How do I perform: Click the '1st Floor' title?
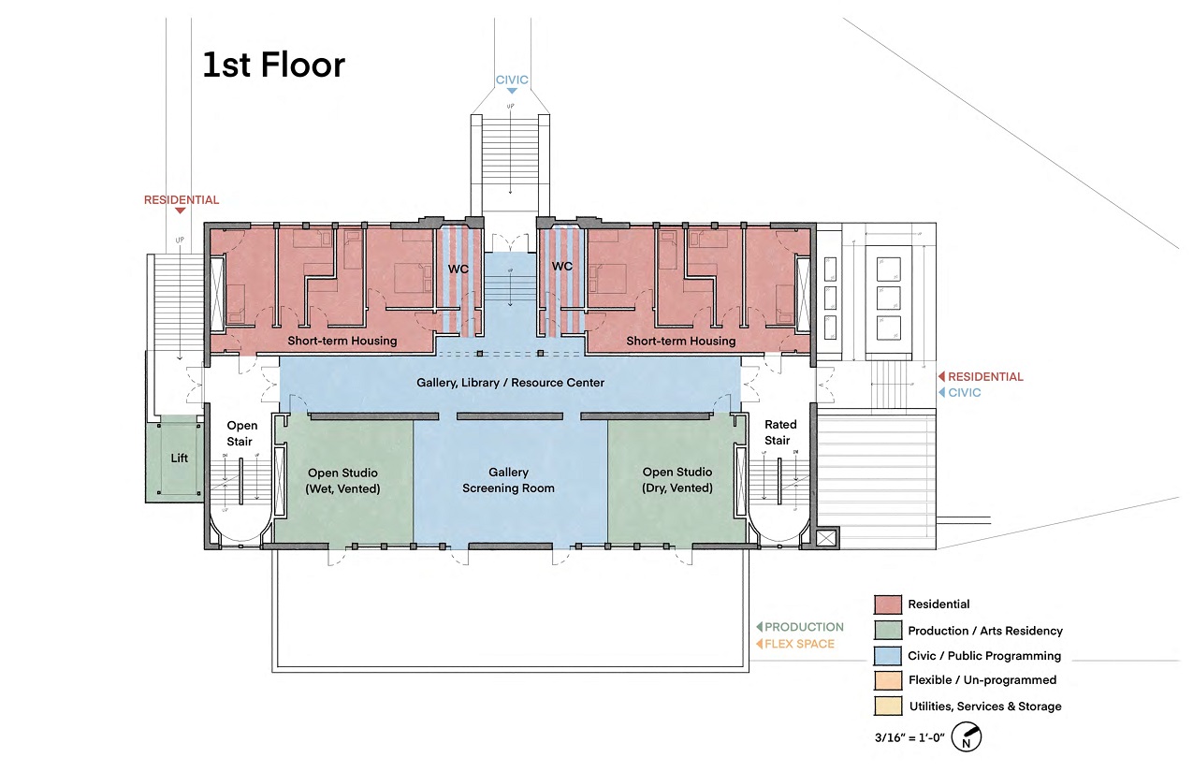point(274,65)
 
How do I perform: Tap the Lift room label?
point(179,458)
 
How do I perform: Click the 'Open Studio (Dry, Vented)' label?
point(677,480)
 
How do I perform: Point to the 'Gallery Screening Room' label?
point(508,480)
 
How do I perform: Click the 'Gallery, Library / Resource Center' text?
point(510,383)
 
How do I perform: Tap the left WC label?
point(458,267)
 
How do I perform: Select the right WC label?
point(561,267)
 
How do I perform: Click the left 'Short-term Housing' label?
point(342,341)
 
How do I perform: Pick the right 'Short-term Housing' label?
point(680,341)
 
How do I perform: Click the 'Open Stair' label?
point(241,433)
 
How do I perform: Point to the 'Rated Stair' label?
point(778,432)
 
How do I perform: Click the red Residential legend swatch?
point(888,604)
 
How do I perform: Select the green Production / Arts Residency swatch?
point(888,631)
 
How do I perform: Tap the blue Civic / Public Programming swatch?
point(888,656)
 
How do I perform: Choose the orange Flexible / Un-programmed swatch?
point(888,680)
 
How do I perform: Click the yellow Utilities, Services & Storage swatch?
point(888,706)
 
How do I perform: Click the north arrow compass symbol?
point(967,737)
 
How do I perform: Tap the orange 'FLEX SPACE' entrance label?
point(799,644)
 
